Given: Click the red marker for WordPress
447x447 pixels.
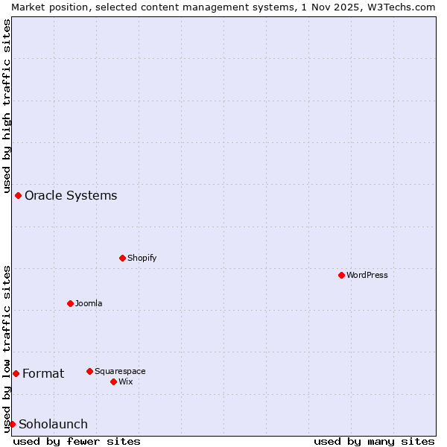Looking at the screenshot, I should click(341, 275).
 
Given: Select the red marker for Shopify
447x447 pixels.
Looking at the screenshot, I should click(122, 258).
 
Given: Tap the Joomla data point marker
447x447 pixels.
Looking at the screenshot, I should click(70, 303).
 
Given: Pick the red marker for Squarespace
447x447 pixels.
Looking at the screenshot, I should click(89, 371).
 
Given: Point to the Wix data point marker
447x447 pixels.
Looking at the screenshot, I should click(113, 381).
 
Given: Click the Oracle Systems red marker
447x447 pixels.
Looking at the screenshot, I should click(18, 195).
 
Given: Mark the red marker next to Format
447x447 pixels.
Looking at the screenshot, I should click(16, 373).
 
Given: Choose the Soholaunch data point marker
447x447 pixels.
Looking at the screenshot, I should click(12, 424).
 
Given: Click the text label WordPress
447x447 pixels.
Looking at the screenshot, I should click(367, 275).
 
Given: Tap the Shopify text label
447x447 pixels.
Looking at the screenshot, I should click(142, 258).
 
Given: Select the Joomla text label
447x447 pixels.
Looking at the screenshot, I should click(89, 303).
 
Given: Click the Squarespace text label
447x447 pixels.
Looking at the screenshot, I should click(120, 371).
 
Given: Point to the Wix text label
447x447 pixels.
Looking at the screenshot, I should click(126, 381).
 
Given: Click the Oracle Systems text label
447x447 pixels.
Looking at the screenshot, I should click(71, 195).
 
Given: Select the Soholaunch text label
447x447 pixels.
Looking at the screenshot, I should click(53, 424).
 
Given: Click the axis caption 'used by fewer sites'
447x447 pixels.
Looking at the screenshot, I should click(77, 441).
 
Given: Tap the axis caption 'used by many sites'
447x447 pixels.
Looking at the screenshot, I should click(374, 441).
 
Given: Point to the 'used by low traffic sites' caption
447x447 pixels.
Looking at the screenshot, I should click(7, 348).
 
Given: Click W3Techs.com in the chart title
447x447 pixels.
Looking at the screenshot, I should click(399, 7).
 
